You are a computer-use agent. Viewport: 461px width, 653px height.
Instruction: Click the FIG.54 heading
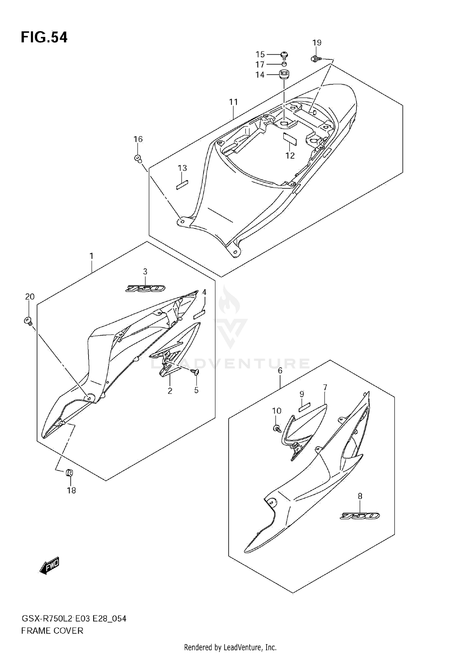click(44, 37)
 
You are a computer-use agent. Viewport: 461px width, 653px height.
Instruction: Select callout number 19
click(317, 43)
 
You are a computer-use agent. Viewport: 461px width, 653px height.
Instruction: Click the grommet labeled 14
click(284, 75)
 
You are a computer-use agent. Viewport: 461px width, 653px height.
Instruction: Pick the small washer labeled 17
click(284, 64)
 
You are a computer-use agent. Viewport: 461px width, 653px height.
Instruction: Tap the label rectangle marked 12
click(290, 139)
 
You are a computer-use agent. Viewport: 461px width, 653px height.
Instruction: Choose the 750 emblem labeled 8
click(360, 516)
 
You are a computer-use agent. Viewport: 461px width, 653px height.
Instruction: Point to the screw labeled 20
click(28, 321)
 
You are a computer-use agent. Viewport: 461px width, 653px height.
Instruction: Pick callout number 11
click(234, 102)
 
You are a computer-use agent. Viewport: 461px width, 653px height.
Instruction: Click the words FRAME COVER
click(52, 631)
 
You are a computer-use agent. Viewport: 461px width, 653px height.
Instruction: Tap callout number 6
click(280, 371)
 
